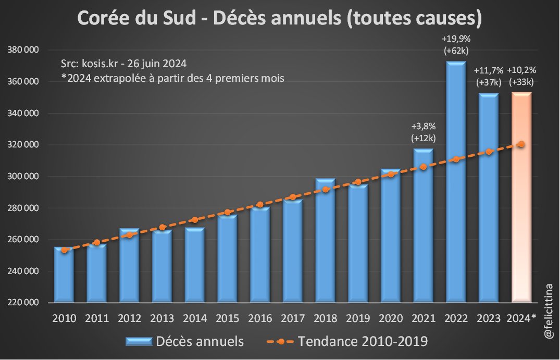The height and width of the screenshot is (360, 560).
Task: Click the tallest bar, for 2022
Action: [x=456, y=182]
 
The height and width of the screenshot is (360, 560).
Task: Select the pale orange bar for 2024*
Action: [x=521, y=198]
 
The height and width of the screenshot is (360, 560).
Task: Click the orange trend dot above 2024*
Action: [x=521, y=144]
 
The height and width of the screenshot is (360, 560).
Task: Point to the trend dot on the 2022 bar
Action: [x=456, y=159]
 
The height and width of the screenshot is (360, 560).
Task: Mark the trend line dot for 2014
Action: [x=195, y=220]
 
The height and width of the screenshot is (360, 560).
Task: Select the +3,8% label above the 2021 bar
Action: [x=423, y=126]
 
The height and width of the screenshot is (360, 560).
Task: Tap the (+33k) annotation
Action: [x=521, y=81]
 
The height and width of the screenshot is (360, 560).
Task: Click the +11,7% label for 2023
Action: [x=488, y=70]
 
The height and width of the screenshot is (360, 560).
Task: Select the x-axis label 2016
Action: [x=260, y=318]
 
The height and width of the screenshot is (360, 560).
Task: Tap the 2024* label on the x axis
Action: [x=521, y=318]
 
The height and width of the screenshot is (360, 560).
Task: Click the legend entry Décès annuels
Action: [x=185, y=342]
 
